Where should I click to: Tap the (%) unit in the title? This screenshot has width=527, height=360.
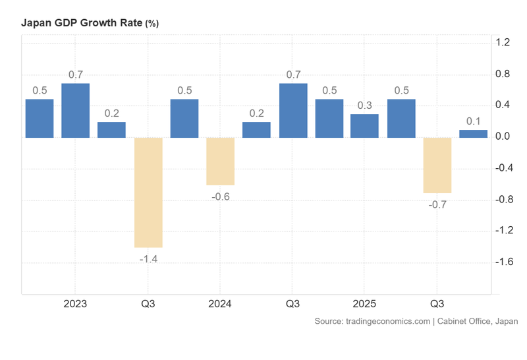152,24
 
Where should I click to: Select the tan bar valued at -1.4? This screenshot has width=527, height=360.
148,192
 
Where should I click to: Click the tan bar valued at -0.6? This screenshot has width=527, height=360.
220,162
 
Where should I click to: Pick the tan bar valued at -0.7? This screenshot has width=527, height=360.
437,165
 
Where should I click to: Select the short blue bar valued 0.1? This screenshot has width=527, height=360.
473,134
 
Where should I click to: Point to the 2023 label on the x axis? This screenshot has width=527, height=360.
75,304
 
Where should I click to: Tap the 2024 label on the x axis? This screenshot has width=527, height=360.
220,304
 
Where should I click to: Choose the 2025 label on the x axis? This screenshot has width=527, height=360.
364,304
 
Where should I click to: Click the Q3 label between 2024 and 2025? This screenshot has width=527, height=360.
292,304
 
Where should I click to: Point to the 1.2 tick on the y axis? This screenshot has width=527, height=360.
503,43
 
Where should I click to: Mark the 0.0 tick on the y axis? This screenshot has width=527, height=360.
503,137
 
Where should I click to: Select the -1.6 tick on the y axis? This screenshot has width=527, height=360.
503,262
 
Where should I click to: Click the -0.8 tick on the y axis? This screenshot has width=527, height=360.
503,200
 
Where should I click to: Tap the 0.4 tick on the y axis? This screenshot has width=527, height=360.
503,105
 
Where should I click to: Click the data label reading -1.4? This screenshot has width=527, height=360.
148,258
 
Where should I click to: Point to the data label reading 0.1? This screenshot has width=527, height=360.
473,121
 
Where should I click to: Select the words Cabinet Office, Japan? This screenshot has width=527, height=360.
478,321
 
